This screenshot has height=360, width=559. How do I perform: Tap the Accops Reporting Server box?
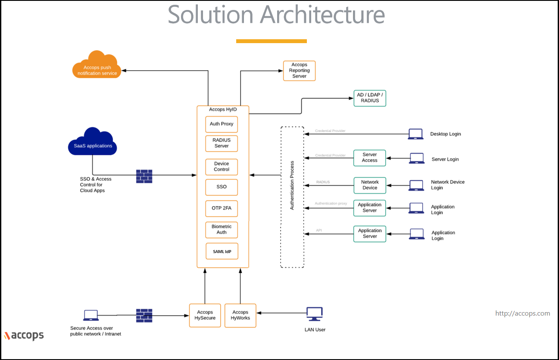(299, 71)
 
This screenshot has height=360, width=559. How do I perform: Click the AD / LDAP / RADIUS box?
(370, 98)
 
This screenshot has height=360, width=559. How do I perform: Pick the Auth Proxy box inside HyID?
(222, 124)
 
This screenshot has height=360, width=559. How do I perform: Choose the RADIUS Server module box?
(222, 143)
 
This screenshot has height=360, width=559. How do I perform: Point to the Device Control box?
(222, 167)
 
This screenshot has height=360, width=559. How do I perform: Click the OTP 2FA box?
(222, 208)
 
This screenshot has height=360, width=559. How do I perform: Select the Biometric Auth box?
(222, 229)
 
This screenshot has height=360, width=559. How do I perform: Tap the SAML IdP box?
(222, 251)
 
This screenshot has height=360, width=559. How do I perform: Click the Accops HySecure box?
(205, 316)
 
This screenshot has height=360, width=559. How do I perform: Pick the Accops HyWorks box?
(240, 316)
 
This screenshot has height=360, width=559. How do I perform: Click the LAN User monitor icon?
(315, 314)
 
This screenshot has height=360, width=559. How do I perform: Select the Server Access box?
(369, 158)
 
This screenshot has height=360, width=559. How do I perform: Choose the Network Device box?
(369, 185)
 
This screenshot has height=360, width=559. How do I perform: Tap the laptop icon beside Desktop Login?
(415, 134)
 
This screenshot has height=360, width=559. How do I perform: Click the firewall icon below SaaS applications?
(144, 176)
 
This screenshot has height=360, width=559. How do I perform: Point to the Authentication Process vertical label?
(292, 185)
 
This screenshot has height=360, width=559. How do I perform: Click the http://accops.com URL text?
(522, 313)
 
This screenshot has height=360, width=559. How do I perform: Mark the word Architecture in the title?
(322, 15)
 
